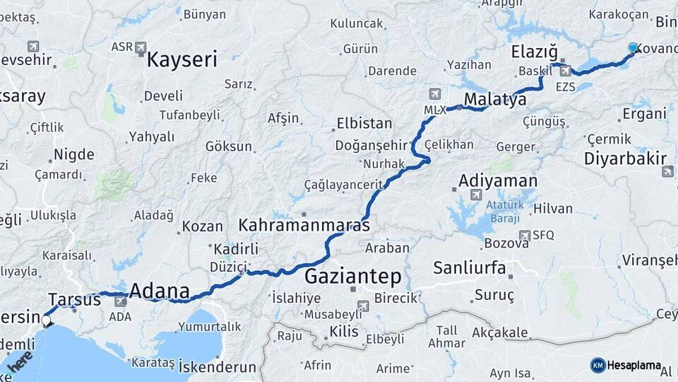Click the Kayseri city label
pos(182,59)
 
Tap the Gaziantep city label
pos(352,275)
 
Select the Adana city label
pos(160,291)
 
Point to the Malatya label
pos(496,99)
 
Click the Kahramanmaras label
pos(304,226)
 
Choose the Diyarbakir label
pos(625,158)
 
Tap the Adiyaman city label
pos(498,180)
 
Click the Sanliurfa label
pos(470,267)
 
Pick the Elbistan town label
pos(364,123)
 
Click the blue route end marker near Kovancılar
pos(633,48)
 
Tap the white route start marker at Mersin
pos(46,320)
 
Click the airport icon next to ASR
pos(141,47)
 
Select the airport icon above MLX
pos(434,95)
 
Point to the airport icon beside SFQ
pos(524,235)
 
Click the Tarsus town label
pos(75,299)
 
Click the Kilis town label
pos(344,330)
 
